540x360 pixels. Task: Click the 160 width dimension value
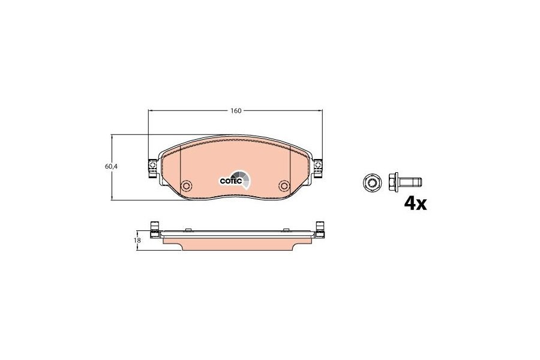point(235,111)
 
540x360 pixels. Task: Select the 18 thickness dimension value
point(137,240)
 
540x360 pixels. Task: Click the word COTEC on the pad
point(230,179)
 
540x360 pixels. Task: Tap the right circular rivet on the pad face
point(284,185)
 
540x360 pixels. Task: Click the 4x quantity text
point(415,204)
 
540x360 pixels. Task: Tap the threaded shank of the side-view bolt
point(413,181)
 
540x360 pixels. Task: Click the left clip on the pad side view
point(154,231)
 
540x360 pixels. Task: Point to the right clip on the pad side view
point(320,231)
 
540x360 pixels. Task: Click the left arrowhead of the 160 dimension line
point(151,111)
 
